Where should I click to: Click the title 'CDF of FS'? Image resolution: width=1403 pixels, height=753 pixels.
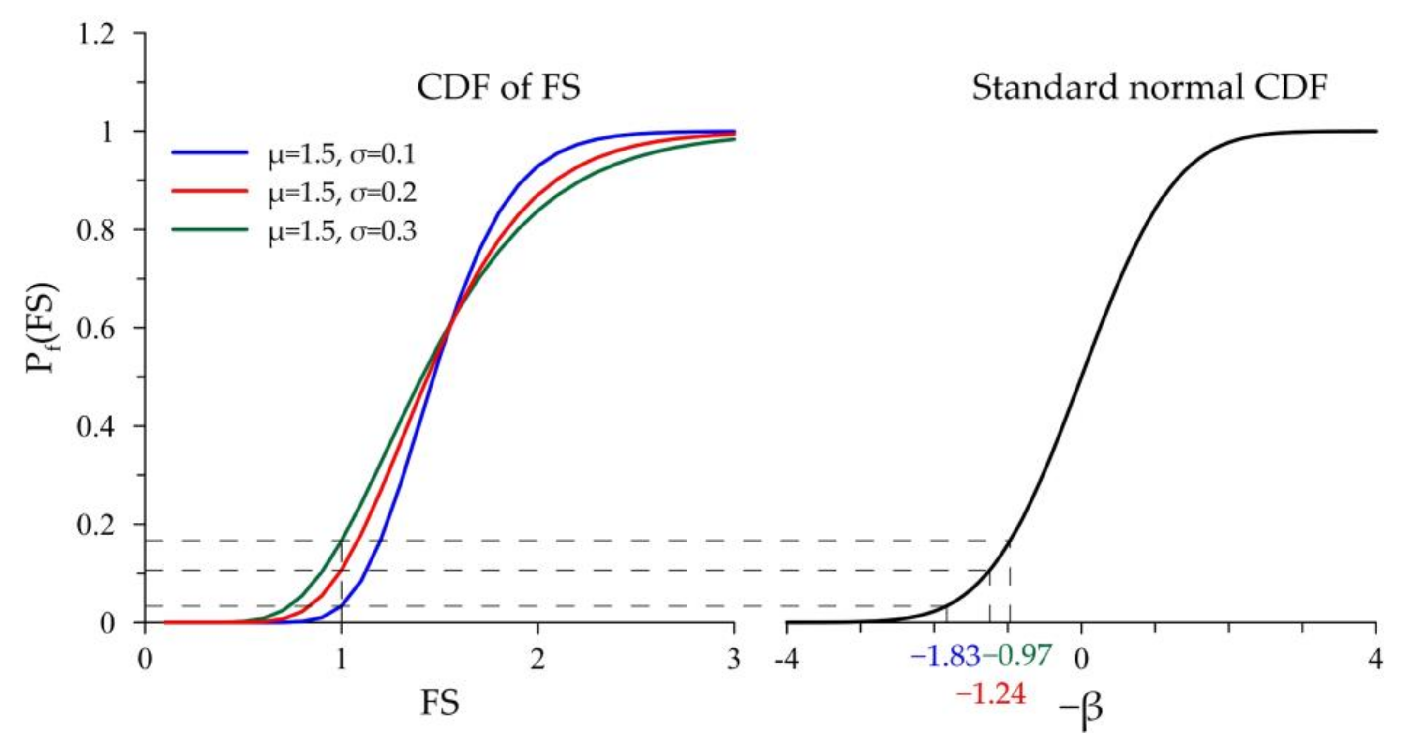pyautogui.click(x=498, y=88)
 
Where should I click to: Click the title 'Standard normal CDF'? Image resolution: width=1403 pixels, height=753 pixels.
pyautogui.click(x=1149, y=88)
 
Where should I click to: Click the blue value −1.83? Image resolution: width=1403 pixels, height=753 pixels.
pyautogui.click(x=945, y=657)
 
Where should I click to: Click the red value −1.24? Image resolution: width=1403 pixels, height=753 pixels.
pyautogui.click(x=991, y=695)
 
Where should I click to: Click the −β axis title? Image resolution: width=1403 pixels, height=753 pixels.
pyautogui.click(x=1081, y=708)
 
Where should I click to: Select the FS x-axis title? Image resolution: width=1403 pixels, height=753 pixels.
pyautogui.click(x=440, y=703)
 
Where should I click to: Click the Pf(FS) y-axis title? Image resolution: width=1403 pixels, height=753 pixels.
pyautogui.click(x=43, y=327)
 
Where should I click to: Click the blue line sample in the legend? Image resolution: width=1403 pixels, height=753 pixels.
pyautogui.click(x=209, y=153)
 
